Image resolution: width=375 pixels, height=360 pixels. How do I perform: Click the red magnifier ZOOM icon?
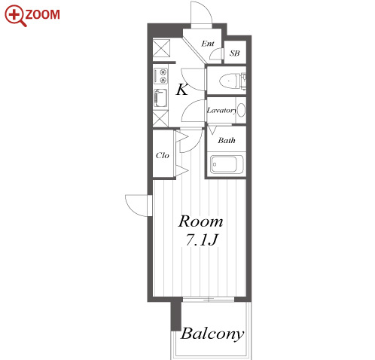15,16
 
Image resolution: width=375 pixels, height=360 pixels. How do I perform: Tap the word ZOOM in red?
43,14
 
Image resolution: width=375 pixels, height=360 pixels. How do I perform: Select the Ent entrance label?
208,44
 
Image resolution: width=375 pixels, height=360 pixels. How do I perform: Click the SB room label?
234,53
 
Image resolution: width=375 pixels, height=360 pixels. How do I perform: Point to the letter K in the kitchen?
182,90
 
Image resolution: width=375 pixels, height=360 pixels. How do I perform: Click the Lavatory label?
221,111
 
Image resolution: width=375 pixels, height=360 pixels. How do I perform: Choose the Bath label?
227,140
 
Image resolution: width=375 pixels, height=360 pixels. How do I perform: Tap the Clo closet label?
163,155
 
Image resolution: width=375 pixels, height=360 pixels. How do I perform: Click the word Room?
200,221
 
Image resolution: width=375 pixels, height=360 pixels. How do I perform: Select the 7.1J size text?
201,240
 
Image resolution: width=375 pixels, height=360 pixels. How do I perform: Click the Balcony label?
212,334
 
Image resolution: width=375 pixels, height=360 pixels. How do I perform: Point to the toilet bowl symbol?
229,81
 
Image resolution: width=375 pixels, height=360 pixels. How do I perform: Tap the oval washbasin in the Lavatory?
241,110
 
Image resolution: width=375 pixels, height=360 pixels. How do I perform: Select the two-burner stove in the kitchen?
160,76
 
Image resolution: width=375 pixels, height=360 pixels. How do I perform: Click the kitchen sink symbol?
160,98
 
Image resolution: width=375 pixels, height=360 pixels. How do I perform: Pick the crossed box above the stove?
161,48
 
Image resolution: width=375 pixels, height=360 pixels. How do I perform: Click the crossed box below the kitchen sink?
160,119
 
